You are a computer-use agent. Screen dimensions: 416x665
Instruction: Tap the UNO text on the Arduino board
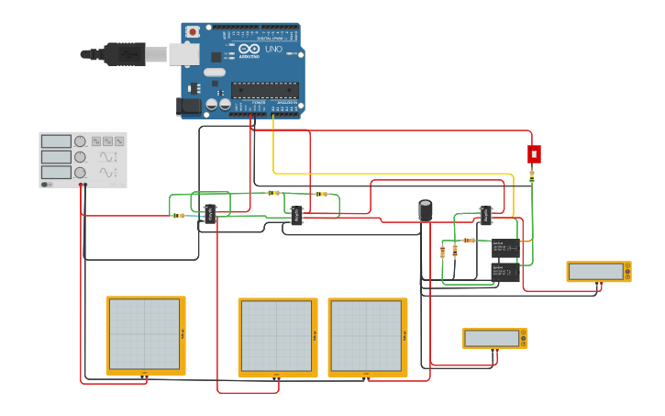point(273,49)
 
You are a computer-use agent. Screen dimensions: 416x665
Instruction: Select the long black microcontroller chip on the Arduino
point(264,89)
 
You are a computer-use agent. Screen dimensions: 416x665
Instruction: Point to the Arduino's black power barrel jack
point(189,106)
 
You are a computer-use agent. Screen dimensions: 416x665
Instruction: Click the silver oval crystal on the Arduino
point(214,72)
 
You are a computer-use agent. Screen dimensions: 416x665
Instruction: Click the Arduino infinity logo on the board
point(249,49)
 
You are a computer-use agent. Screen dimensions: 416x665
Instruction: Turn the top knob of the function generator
point(80,141)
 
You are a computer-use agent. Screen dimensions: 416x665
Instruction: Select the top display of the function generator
point(56,141)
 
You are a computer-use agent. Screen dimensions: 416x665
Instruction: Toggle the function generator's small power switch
point(46,185)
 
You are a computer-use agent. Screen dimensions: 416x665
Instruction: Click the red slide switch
point(534,153)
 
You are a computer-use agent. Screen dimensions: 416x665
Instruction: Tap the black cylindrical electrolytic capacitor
point(426,210)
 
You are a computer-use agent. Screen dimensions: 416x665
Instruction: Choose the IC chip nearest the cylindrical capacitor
point(485,216)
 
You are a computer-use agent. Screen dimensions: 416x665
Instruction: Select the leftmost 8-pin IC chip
point(210,214)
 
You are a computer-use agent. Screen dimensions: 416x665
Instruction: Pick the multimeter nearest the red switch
point(598,271)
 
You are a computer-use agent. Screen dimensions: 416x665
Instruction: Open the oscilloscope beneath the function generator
point(145,335)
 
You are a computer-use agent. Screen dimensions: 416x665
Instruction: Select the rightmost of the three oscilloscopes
point(367,337)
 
